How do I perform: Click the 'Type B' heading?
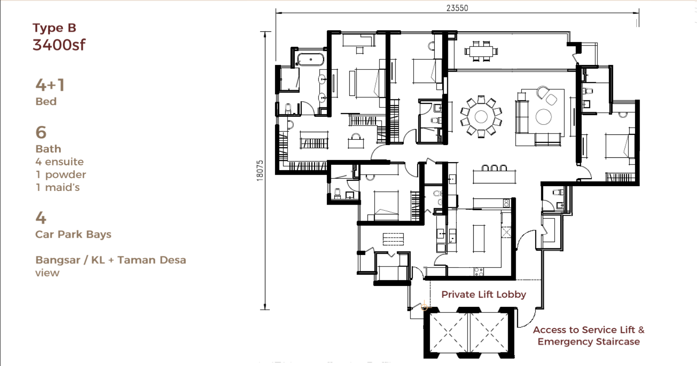[x=54, y=28]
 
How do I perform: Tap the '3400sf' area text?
[x=59, y=45]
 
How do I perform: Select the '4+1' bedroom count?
[x=50, y=85]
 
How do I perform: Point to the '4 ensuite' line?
[x=59, y=162]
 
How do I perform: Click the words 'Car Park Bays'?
[x=73, y=234]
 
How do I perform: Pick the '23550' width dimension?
[x=457, y=8]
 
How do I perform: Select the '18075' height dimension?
[x=260, y=171]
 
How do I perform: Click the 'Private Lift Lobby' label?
[x=483, y=294]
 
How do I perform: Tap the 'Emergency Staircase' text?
[x=589, y=341]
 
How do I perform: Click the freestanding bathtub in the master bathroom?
[x=310, y=59]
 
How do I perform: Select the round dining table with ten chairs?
[x=481, y=117]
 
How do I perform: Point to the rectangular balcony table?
[x=481, y=51]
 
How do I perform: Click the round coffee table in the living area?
[x=544, y=117]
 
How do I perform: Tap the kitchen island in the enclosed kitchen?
[x=479, y=239]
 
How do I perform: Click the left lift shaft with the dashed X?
[x=449, y=333]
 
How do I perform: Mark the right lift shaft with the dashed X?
[x=489, y=333]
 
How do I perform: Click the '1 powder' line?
[x=61, y=175]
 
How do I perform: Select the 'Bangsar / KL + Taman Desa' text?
[x=111, y=260]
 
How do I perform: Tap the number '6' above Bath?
[x=41, y=133]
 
